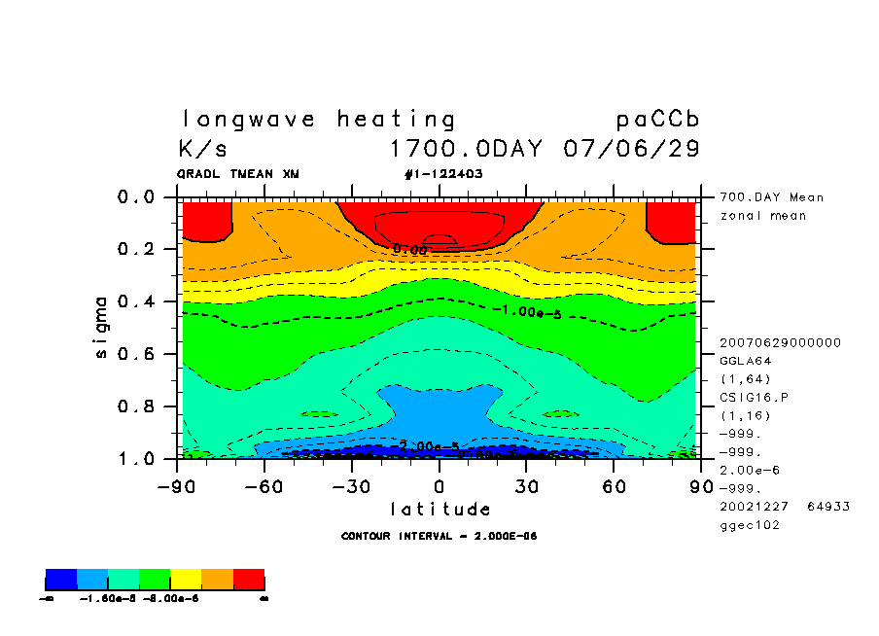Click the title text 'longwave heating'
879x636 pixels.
pyautogui.click(x=318, y=120)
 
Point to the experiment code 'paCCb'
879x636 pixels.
pyautogui.click(x=657, y=120)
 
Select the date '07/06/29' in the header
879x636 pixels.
pyautogui.click(x=631, y=150)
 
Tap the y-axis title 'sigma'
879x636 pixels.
pyautogui.click(x=102, y=327)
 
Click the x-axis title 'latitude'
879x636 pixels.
pyautogui.click(x=439, y=510)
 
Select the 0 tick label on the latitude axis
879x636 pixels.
pyautogui.click(x=439, y=486)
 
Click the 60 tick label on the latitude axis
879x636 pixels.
pyautogui.click(x=614, y=486)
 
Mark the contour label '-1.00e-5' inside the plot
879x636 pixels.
pyautogui.click(x=526, y=311)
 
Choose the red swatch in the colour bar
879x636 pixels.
pyautogui.click(x=249, y=581)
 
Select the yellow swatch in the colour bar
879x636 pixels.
pyautogui.click(x=186, y=581)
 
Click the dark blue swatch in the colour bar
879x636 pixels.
pyautogui.click(x=60, y=581)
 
